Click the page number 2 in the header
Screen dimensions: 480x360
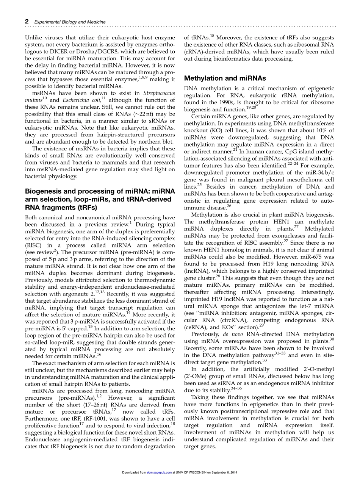coord(27,22)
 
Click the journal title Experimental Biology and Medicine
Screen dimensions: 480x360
coord(70,22)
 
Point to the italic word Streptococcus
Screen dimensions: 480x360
coord(159,93)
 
